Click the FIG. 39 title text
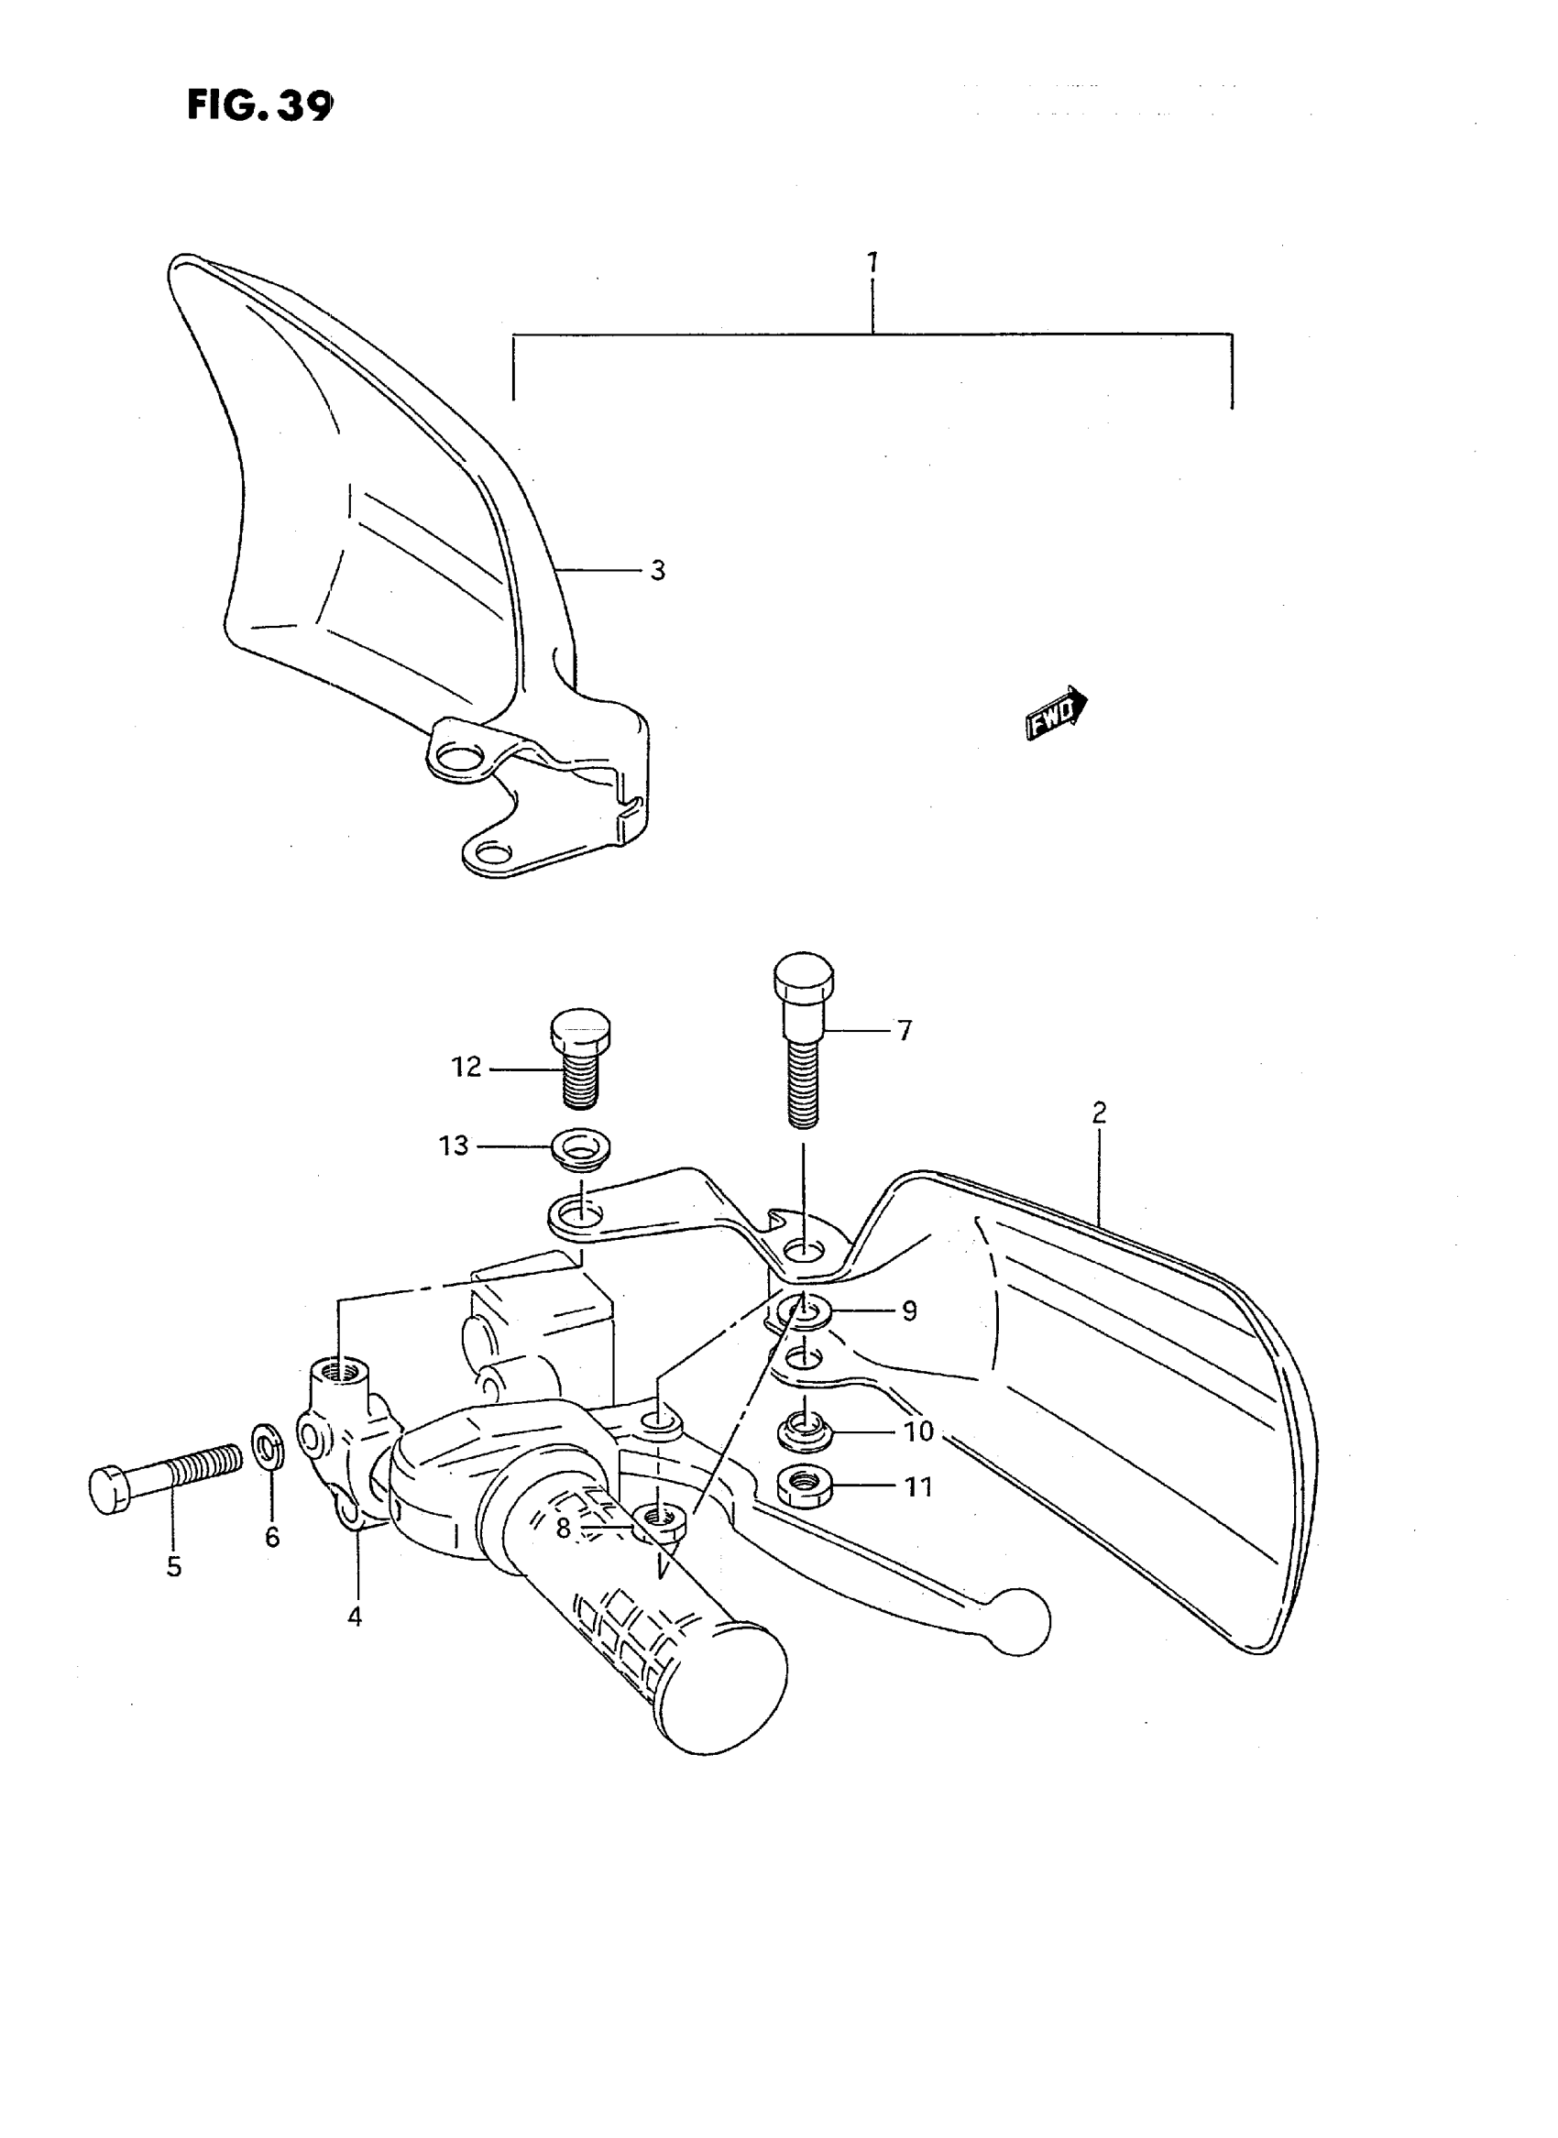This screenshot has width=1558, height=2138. pyautogui.click(x=259, y=104)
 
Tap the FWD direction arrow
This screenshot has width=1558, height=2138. pyautogui.click(x=1057, y=713)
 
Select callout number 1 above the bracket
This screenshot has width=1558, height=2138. pyautogui.click(x=872, y=261)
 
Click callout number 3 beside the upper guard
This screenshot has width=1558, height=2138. pyautogui.click(x=657, y=571)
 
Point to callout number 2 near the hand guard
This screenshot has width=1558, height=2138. pyautogui.click(x=1099, y=1113)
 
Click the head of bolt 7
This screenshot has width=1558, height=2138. pyautogui.click(x=804, y=980)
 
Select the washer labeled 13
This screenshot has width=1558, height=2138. pyautogui.click(x=580, y=1147)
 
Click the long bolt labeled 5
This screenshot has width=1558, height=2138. pyautogui.click(x=165, y=1488)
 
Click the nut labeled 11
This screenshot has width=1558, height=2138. pyautogui.click(x=803, y=1487)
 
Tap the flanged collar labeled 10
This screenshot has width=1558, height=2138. pyautogui.click(x=803, y=1433)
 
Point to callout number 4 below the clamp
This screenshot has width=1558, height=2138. pyautogui.click(x=355, y=1617)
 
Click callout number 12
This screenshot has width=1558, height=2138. pyautogui.click(x=466, y=1067)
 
